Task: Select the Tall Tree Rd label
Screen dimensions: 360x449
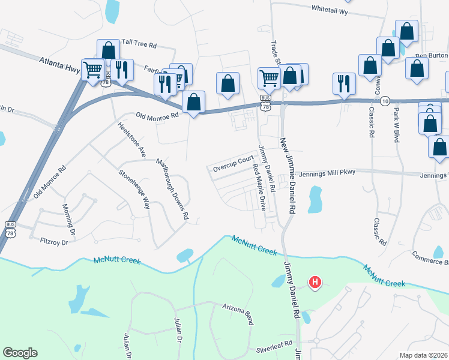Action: click(x=139, y=44)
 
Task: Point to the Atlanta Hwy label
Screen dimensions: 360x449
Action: click(x=59, y=64)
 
